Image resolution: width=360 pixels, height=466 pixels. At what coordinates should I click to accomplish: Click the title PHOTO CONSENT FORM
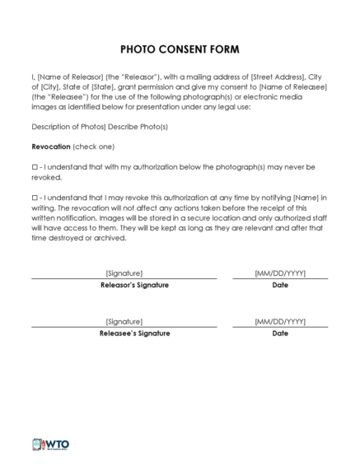click(x=180, y=49)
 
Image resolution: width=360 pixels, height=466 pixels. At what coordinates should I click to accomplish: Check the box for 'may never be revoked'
click(x=35, y=167)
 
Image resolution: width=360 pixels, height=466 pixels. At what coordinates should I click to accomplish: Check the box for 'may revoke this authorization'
click(x=35, y=198)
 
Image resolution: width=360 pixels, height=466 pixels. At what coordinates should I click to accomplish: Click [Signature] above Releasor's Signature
click(x=124, y=273)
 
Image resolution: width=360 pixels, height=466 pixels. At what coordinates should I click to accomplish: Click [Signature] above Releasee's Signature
click(x=124, y=321)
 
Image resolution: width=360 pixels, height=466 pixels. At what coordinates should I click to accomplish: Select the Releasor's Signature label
click(x=124, y=285)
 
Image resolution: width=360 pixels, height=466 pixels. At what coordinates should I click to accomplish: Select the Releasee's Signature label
click(x=124, y=333)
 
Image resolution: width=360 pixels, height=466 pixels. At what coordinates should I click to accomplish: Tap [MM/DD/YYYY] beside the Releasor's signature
click(x=280, y=273)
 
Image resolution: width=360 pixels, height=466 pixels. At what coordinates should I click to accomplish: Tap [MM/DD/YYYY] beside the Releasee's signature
click(x=280, y=321)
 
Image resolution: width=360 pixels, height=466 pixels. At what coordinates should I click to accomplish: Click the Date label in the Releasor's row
click(x=280, y=285)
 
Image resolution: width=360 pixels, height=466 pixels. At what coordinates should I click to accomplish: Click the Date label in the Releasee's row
click(x=280, y=333)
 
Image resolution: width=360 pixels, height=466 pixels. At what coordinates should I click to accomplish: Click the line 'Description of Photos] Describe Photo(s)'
click(x=99, y=128)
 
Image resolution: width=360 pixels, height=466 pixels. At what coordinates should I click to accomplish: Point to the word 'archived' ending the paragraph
click(x=108, y=238)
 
